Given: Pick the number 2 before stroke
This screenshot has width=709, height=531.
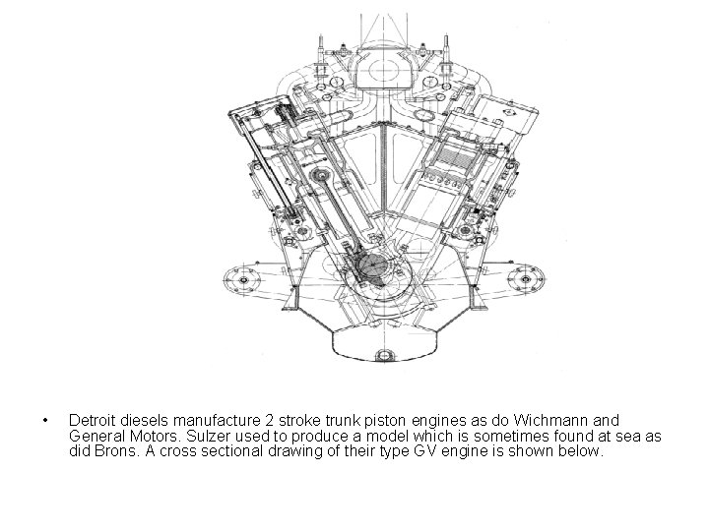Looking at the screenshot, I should coord(258,420).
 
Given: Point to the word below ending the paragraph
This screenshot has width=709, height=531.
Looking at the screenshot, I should coord(578,451).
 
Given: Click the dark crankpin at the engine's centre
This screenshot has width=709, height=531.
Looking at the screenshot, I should coord(372,268).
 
